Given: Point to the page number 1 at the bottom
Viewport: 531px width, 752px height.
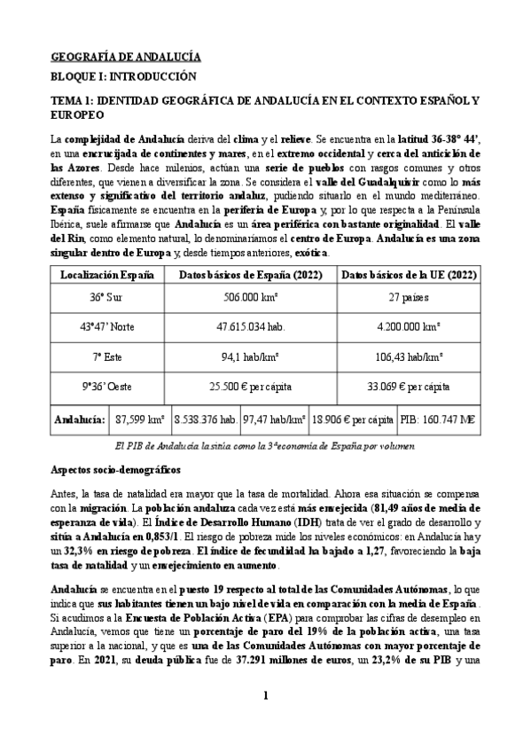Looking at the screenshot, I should coord(265,720).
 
